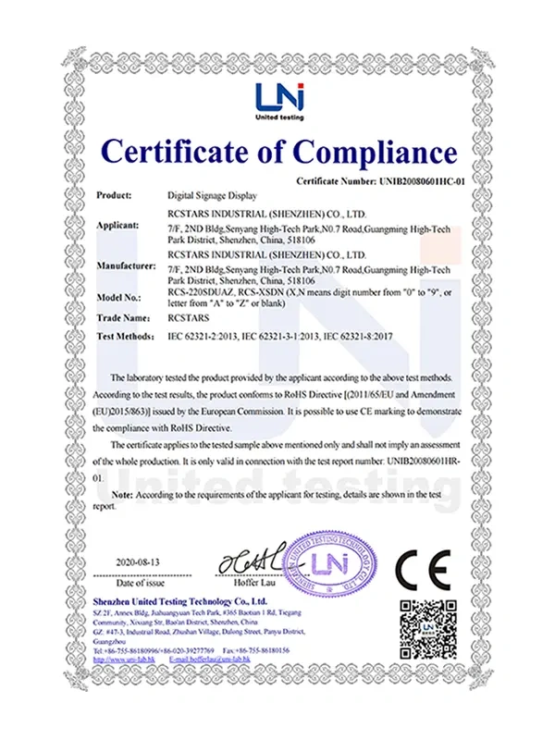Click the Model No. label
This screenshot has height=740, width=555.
click(x=119, y=297)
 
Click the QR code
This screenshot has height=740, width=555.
click(x=428, y=629)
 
